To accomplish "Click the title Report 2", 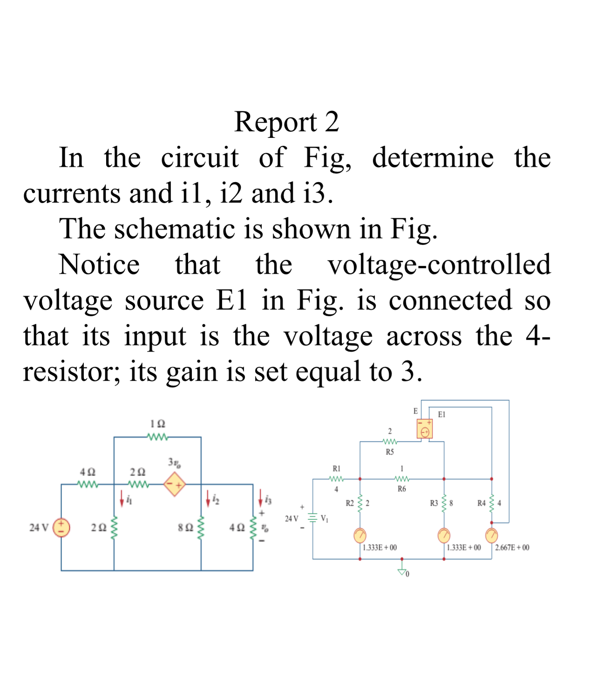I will [x=286, y=122].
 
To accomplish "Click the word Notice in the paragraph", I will [x=99, y=265].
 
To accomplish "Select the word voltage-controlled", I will [x=439, y=265].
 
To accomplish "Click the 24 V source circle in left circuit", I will [x=61, y=528].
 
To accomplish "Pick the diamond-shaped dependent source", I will [x=175, y=484].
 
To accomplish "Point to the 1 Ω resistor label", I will [x=157, y=424].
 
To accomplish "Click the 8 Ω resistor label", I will [x=185, y=528].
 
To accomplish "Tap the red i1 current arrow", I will [x=122, y=499].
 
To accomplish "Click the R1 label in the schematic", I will [x=336, y=468].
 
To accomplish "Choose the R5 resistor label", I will [x=390, y=452].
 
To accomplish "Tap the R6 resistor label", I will [x=401, y=489].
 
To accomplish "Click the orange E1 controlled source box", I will [x=425, y=429].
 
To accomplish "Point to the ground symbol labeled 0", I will [x=402, y=572].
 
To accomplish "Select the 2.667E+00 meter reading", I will [x=512, y=547].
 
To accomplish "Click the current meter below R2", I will [x=360, y=536].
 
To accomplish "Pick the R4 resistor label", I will [x=482, y=503].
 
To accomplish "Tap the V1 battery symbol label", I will [x=324, y=518].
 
